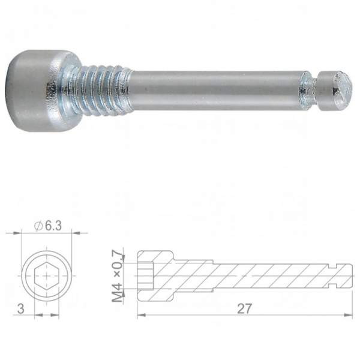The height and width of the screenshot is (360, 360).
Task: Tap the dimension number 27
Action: pos(245,308)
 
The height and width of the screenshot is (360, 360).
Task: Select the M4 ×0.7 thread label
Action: pos(118,275)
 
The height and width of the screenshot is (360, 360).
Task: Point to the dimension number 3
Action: pos(20,309)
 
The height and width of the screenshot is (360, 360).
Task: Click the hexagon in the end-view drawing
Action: pos(47,276)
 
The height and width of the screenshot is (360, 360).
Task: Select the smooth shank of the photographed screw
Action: pos(216,91)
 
